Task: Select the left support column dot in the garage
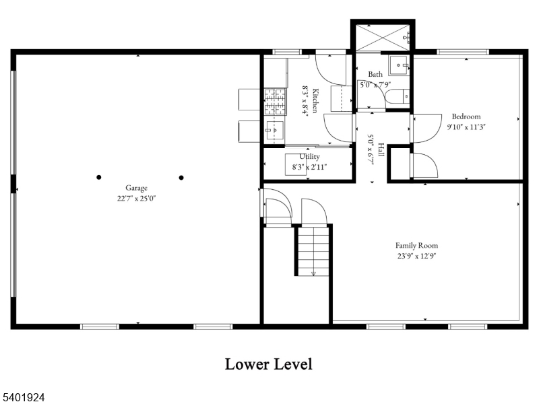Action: [99, 178]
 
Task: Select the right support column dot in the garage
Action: [181, 178]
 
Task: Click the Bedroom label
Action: [466, 116]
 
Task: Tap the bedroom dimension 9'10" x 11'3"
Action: [466, 126]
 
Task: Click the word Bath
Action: [375, 74]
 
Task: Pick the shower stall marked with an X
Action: [381, 36]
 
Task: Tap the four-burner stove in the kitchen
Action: [274, 101]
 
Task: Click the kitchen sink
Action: [275, 128]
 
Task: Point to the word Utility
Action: [309, 156]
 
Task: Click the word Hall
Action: [381, 150]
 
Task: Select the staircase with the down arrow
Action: [313, 250]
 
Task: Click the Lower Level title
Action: [268, 364]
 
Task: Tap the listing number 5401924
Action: [23, 397]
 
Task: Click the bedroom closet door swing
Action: [423, 166]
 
